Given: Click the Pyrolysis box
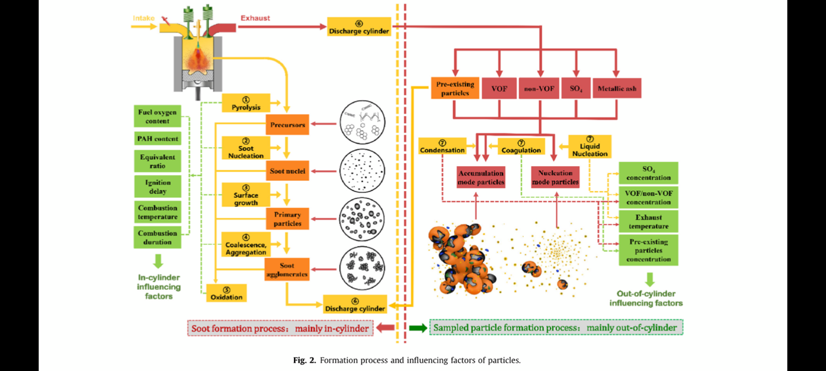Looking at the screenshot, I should coord(246,103).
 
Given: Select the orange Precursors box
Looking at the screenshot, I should coord(287,125).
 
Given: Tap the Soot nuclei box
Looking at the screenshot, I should coord(287,171).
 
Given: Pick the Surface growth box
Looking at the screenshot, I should coord(246,195).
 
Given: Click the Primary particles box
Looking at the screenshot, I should coord(287,219).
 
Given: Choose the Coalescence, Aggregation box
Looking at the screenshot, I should coord(246,244).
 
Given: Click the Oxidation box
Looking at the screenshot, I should coord(226,293).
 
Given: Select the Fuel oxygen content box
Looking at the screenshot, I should coord(158,116).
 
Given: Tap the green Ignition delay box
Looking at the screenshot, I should coord(158,186).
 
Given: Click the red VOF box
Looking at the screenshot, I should coord(499,89).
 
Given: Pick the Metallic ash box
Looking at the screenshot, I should coord(616,89).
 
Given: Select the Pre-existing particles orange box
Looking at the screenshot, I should coord(454,88).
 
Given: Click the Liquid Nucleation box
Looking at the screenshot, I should coord(590,146).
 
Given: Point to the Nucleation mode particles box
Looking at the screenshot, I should coord(555,177).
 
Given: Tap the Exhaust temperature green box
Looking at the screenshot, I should coord(648,221).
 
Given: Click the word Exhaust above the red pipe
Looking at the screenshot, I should coord(255,18).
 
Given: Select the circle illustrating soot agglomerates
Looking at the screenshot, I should coord(362,267).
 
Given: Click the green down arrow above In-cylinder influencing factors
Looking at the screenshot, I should coord(158,261).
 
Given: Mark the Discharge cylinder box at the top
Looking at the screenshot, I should coord(359,27).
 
